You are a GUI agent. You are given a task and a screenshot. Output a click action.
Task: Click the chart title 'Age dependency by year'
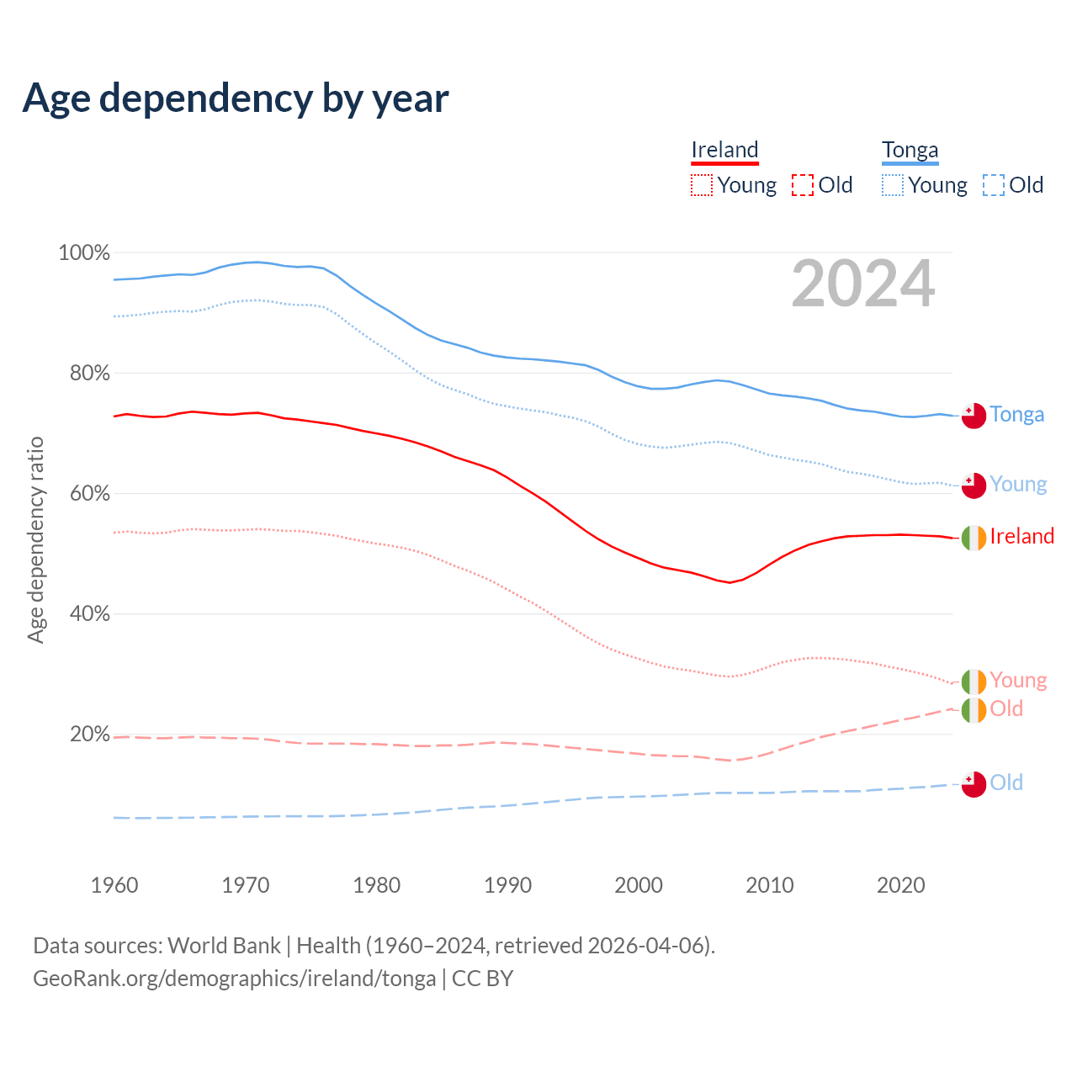(x=236, y=98)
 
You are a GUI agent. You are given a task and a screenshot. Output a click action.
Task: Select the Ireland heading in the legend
(x=724, y=150)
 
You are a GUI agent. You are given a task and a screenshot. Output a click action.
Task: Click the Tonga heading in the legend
(x=910, y=150)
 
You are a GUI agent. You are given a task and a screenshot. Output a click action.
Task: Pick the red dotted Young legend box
(x=702, y=185)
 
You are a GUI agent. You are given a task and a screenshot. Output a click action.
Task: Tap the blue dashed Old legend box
(x=994, y=185)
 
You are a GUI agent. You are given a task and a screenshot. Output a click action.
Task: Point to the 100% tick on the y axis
(x=84, y=252)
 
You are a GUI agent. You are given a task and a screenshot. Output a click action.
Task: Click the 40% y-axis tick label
(x=90, y=614)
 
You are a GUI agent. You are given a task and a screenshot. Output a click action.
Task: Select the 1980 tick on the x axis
(x=376, y=885)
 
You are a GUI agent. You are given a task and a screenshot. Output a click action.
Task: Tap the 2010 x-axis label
(x=770, y=885)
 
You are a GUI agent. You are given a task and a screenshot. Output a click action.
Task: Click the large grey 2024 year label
(x=863, y=284)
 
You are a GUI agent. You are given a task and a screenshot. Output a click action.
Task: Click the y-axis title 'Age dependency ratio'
(x=35, y=539)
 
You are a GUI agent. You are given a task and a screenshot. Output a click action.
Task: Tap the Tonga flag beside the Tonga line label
(x=974, y=416)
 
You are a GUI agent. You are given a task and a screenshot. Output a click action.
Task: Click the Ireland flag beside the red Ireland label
(x=974, y=538)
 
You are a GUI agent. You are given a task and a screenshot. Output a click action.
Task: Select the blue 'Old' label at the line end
(x=1006, y=783)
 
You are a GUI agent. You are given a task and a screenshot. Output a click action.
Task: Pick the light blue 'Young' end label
(x=1018, y=485)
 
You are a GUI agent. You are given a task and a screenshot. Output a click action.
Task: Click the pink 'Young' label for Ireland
(x=1018, y=680)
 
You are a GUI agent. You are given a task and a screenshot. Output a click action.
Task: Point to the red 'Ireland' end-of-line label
(x=1021, y=537)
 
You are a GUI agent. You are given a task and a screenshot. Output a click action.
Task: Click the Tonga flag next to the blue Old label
(x=974, y=784)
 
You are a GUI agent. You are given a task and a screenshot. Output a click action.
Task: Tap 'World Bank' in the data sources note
(x=224, y=946)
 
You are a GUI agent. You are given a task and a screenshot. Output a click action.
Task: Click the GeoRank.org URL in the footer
(x=234, y=979)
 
